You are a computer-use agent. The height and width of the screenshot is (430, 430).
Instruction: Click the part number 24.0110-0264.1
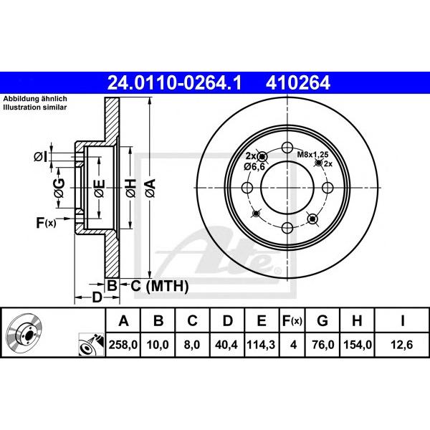174,83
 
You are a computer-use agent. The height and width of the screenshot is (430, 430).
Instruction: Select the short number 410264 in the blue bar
298,83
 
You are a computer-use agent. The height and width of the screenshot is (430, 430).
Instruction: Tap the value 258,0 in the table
123,345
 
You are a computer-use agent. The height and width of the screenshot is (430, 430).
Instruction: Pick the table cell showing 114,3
261,345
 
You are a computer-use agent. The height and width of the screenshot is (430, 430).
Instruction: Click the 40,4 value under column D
226,345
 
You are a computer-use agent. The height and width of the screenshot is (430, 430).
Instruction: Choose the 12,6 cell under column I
402,345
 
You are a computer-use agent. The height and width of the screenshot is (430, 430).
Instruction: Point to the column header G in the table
322,320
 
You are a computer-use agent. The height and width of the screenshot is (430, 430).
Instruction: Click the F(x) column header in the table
292,320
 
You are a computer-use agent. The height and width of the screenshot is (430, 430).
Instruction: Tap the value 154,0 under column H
358,345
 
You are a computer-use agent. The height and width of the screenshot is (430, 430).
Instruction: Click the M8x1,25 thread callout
312,155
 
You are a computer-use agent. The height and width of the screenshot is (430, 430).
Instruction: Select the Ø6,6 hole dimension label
254,166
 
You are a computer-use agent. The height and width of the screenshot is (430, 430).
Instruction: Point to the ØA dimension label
150,188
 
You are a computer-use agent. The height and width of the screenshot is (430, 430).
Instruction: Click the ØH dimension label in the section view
131,188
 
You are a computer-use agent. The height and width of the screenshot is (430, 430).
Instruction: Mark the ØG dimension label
59,188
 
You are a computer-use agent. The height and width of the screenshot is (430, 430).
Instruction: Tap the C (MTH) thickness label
160,286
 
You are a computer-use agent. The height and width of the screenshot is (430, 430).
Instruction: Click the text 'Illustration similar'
35,107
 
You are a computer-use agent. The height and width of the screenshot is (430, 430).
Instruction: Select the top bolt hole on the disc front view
287,148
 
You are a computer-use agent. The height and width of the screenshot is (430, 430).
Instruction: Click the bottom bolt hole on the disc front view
287,228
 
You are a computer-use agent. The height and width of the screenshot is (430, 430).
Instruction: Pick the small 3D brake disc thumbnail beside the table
24,330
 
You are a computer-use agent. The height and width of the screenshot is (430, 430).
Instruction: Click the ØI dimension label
41,157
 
